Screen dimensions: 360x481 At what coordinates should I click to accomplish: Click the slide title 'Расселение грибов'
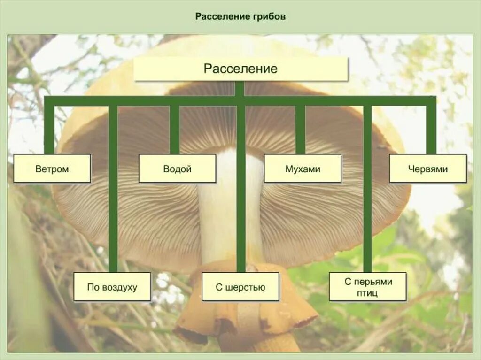(x=240, y=16)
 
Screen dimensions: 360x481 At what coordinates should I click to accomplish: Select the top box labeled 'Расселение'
(x=240, y=69)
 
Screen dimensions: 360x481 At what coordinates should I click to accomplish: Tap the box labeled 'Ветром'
(x=52, y=169)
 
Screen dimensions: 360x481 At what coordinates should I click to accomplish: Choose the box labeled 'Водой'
(x=177, y=169)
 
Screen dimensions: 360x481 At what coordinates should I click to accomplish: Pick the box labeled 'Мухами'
(x=303, y=169)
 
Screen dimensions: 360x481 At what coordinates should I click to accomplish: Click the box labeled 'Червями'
(x=428, y=169)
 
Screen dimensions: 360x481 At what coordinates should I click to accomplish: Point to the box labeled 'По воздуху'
(x=112, y=287)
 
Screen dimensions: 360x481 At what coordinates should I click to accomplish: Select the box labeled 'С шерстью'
(x=240, y=287)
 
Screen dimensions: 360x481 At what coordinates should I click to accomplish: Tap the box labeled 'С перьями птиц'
(x=367, y=287)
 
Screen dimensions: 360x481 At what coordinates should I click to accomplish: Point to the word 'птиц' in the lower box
(x=367, y=293)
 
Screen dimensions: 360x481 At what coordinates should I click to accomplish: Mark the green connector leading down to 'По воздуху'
(x=113, y=188)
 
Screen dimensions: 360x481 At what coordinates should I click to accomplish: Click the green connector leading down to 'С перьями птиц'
(x=367, y=188)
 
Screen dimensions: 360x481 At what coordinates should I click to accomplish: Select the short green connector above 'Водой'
(x=175, y=129)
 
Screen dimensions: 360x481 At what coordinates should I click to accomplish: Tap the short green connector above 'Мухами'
(x=300, y=129)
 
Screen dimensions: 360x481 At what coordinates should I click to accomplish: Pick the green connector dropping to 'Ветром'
(x=49, y=129)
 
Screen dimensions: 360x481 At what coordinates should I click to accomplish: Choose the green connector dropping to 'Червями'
(x=431, y=129)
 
